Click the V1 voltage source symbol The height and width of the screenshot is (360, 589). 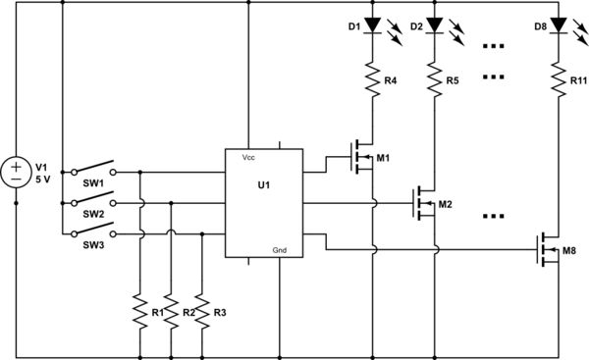click(17, 175)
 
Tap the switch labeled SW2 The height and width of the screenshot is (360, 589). click(94, 200)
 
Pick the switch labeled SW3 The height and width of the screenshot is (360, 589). click(94, 232)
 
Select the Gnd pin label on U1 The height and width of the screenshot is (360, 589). click(280, 251)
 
